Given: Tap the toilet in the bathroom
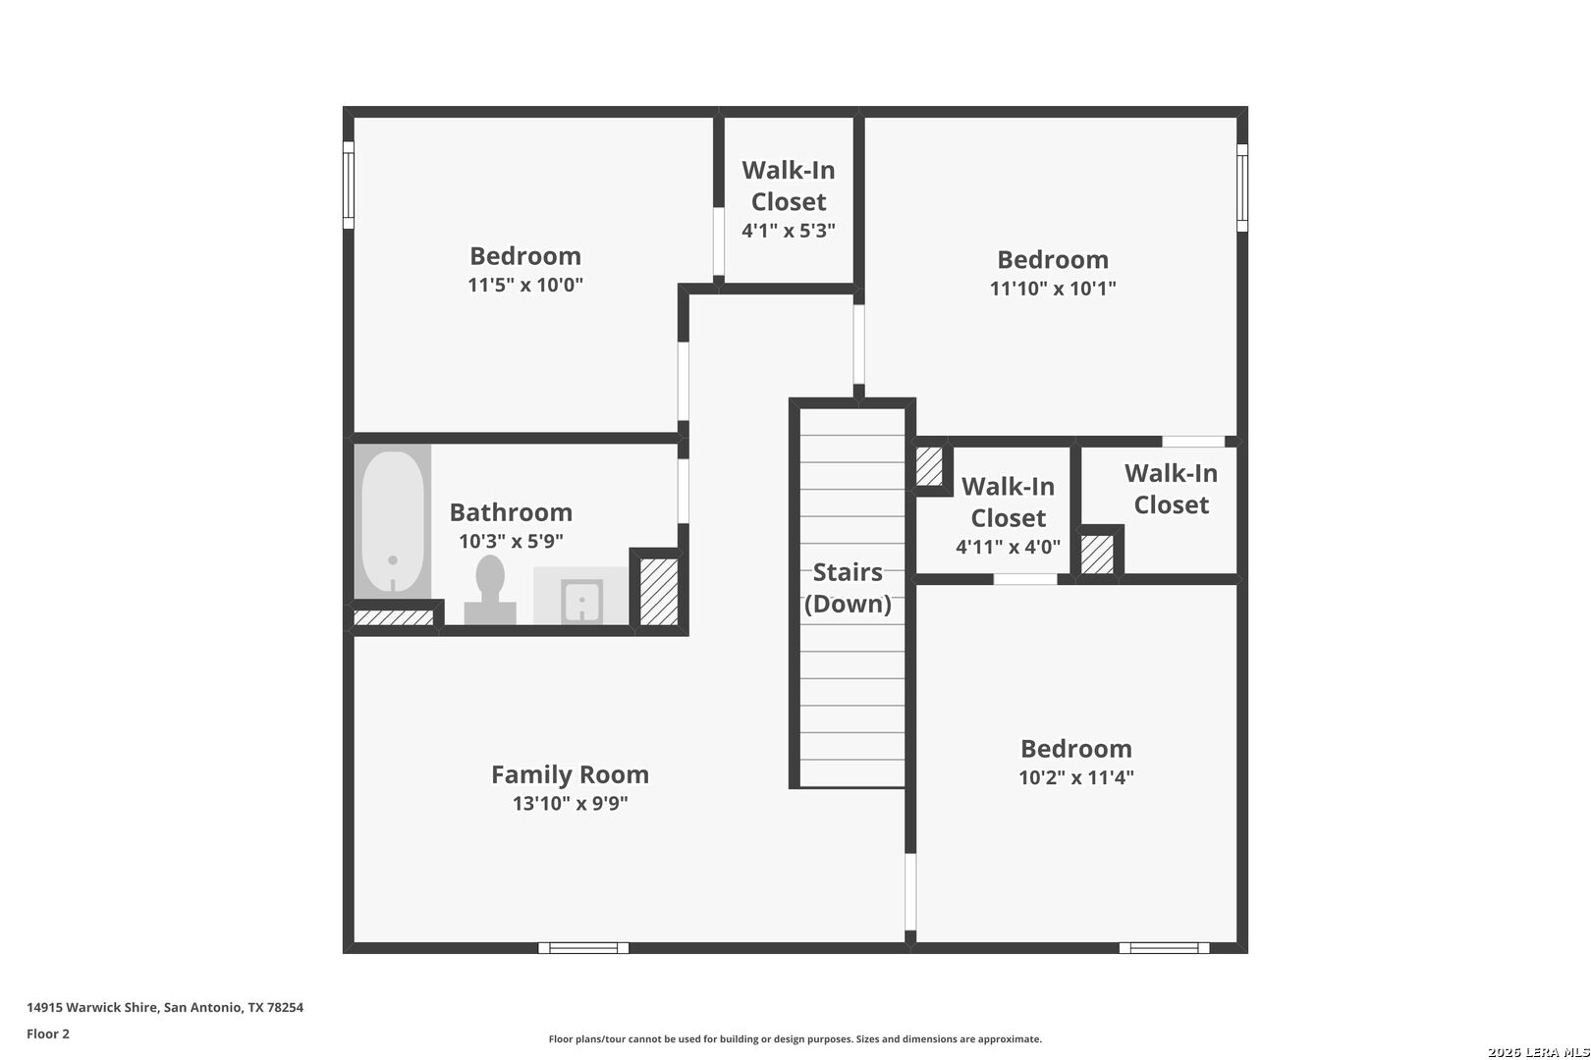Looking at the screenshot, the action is (490, 589).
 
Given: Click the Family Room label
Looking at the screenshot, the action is (571, 773).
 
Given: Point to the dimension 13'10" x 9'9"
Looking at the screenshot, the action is (571, 803).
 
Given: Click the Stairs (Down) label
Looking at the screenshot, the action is (849, 588).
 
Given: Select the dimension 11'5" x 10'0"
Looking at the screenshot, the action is (525, 285).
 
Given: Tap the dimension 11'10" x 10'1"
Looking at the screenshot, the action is (1054, 289).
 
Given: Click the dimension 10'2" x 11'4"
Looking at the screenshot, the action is (1076, 777).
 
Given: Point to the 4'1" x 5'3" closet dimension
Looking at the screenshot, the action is (789, 231).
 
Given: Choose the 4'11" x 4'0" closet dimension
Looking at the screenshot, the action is (1008, 547).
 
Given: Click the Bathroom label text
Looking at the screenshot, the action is (511, 512).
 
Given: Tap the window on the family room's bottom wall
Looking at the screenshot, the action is (583, 948).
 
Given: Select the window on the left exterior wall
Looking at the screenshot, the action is (348, 185).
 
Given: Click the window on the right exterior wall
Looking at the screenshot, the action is (1242, 187).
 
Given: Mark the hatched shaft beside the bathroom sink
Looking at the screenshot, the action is (659, 592).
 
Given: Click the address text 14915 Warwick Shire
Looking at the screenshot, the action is (92, 1007).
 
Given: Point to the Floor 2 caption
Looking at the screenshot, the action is (48, 1033).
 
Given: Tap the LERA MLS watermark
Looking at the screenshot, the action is (1538, 1052).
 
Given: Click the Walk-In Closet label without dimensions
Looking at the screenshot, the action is (1172, 489).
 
